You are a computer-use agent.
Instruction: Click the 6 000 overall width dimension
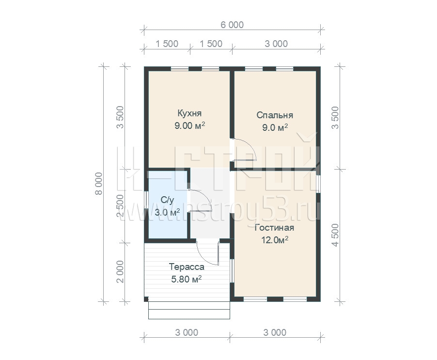(232, 25)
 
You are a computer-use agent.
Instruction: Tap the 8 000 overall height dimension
(99, 183)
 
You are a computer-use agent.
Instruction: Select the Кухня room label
(189, 113)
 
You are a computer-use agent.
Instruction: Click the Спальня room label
(275, 115)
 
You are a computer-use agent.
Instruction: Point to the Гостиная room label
(275, 228)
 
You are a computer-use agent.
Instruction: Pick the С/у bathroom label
(167, 200)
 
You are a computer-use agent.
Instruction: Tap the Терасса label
(187, 267)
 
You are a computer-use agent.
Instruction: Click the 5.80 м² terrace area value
(187, 279)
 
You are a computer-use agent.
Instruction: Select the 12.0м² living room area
(275, 240)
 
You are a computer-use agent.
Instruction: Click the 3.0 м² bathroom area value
(167, 212)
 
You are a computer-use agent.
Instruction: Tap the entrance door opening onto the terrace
(208, 252)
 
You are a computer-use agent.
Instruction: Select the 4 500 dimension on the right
(335, 235)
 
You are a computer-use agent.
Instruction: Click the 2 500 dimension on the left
(120, 205)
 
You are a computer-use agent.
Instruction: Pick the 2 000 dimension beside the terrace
(120, 272)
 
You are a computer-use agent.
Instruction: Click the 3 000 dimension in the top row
(276, 44)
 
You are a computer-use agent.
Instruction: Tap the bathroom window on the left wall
(146, 200)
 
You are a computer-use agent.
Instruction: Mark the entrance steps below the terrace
(189, 310)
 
